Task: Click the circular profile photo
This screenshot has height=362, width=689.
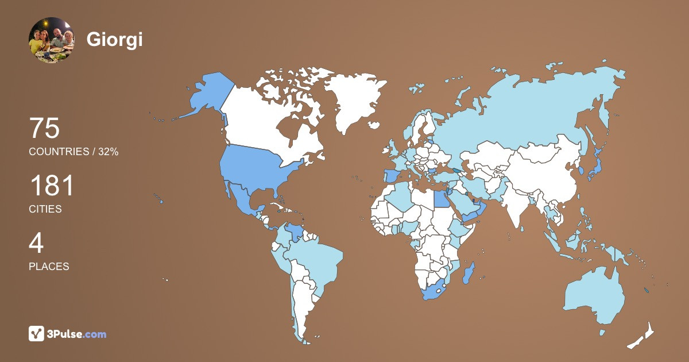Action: [x=51, y=40]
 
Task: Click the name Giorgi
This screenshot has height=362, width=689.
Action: [x=114, y=40]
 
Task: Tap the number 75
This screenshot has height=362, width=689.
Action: [x=44, y=128]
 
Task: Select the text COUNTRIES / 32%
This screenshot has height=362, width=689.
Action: [x=73, y=152]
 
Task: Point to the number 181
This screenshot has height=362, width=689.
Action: [x=52, y=186]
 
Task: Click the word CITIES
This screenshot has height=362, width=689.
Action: [x=45, y=209]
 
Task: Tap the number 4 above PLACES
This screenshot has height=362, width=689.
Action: [x=36, y=244]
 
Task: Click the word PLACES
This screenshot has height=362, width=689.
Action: [x=49, y=267]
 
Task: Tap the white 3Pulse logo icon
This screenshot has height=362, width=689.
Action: [x=37, y=334]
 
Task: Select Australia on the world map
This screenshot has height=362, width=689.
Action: [x=594, y=293]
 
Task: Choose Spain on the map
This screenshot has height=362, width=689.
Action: [x=391, y=175]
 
